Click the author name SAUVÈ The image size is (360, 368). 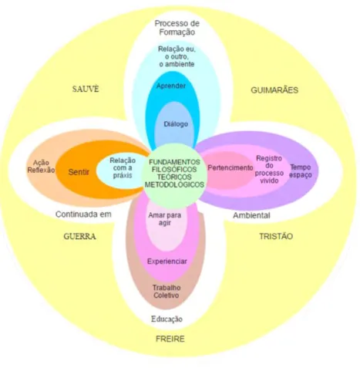tap(86, 89)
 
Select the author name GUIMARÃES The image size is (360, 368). tap(274, 90)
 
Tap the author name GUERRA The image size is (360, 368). tap(79, 236)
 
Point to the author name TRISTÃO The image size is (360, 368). tap(276, 236)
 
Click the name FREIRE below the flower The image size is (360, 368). tap(170, 339)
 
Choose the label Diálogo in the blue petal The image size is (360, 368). tap(176, 124)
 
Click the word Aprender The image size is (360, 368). tap(171, 86)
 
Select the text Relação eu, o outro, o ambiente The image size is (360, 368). tap(177, 56)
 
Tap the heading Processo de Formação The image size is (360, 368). tap(177, 28)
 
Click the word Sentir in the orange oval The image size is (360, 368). tap(79, 172)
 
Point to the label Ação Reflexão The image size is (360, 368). tap(41, 167)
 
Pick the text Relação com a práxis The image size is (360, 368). tap(123, 167)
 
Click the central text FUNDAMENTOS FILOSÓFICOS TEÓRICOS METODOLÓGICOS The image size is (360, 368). tap(174, 174)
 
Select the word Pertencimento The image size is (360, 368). tap(230, 167)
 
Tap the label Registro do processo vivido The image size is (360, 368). tap(269, 169)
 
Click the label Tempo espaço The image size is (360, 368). tap(301, 171)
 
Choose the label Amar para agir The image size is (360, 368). tap(165, 219)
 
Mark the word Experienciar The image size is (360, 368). tap(167, 262)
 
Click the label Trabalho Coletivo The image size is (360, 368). tap(167, 292)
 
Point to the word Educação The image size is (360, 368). tap(167, 319)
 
